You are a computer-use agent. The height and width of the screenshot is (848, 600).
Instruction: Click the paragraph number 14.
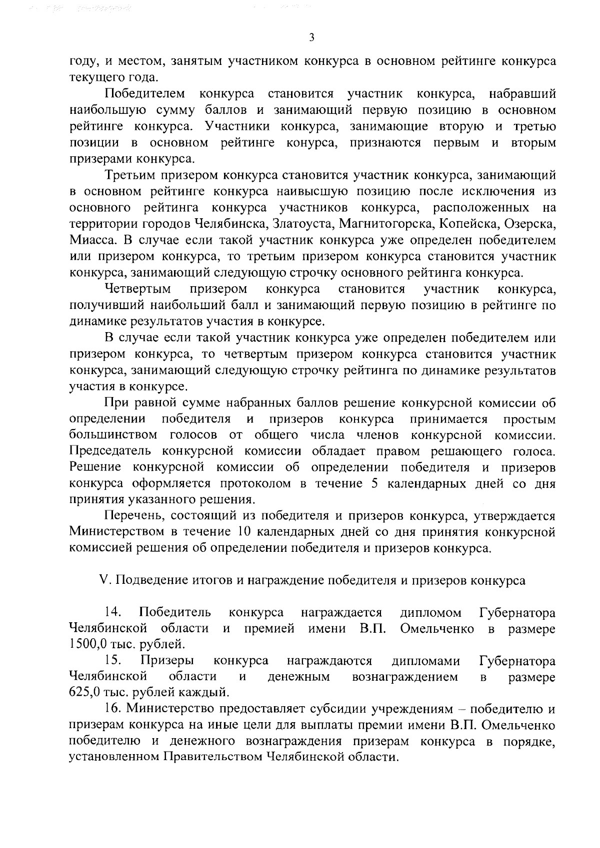pyautogui.click(x=112, y=612)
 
